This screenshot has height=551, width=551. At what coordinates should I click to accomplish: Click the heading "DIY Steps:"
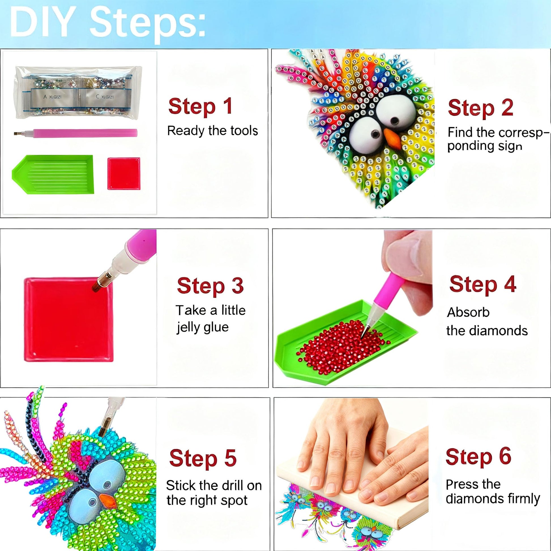point(108,23)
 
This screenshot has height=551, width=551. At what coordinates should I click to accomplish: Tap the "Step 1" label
point(200,107)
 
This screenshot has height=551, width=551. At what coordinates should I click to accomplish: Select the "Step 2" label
point(480,108)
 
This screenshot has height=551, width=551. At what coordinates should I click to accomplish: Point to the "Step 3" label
point(210,285)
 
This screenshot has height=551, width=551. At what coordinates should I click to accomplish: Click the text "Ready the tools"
point(212,131)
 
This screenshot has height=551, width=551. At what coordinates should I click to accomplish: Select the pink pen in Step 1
point(76,133)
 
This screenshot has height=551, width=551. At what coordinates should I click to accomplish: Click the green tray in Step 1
point(53,174)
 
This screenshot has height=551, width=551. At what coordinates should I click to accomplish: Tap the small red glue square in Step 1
point(124,174)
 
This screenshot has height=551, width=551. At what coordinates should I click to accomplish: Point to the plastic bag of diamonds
point(78,93)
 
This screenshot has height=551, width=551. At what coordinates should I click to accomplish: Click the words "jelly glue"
point(202,327)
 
